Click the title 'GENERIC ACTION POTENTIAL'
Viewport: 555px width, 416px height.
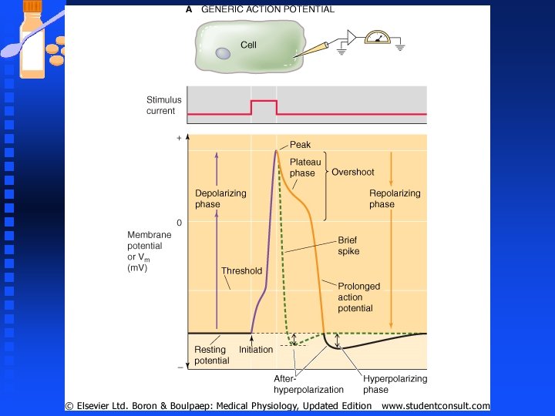click(x=267, y=10)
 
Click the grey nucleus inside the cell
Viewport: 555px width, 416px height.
click(x=223, y=54)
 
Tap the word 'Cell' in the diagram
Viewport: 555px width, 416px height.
click(x=248, y=45)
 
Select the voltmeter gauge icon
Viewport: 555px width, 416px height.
click(x=378, y=37)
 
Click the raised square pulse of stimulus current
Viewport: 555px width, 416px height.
click(x=264, y=102)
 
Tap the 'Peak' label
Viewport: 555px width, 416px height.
click(x=300, y=145)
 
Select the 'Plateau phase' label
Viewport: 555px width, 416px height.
click(x=304, y=167)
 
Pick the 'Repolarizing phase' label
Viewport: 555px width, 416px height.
click(x=395, y=199)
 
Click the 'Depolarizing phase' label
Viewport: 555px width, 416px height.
click(x=220, y=199)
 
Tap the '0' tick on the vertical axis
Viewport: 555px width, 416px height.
click(x=179, y=223)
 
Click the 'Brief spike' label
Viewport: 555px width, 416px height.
click(x=348, y=246)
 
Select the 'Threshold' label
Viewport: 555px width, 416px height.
click(x=241, y=271)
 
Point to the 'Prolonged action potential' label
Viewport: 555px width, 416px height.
click(x=358, y=297)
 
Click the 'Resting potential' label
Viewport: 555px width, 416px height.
click(x=211, y=355)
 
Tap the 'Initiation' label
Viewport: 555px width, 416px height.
click(x=256, y=350)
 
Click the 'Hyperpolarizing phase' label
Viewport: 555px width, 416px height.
click(x=395, y=384)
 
